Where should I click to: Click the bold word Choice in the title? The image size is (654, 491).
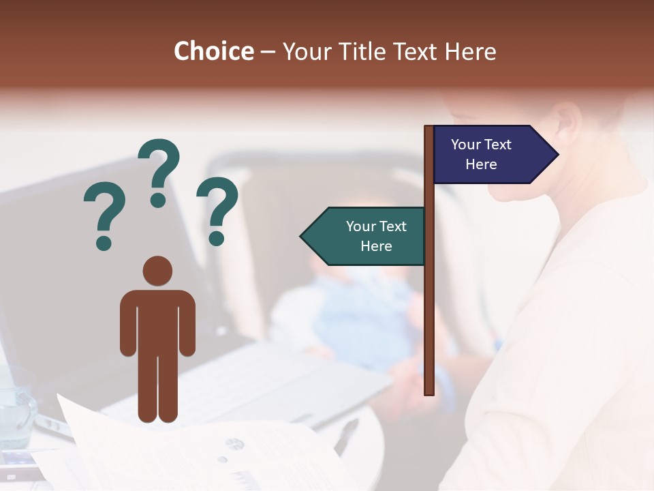(213, 51)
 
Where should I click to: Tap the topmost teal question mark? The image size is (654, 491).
(159, 170)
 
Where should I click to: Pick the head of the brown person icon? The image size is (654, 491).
(157, 271)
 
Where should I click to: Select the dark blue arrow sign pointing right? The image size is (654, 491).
(490, 154)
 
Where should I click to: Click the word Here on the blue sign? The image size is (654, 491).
(481, 164)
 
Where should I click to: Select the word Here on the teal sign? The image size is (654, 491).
(376, 246)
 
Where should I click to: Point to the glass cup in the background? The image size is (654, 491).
(15, 406)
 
